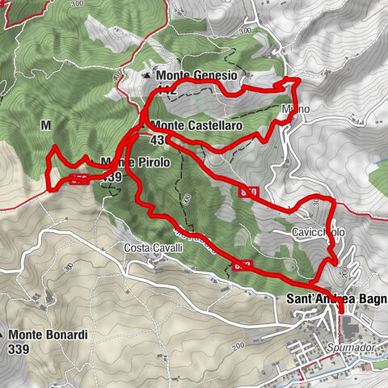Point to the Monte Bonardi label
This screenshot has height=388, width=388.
[48, 334]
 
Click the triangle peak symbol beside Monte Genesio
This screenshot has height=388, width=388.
[147, 75]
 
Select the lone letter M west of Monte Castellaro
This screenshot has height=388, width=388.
[45, 125]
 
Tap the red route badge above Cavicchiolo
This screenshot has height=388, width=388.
[248, 192]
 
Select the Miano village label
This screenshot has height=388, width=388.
[292, 108]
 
